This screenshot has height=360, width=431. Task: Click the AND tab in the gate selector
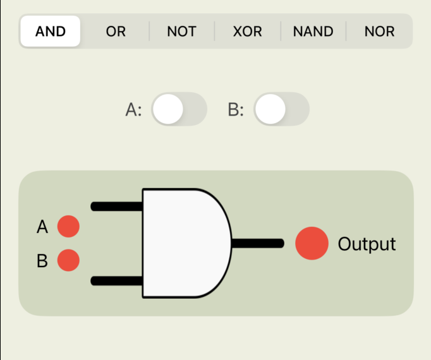[x=51, y=32]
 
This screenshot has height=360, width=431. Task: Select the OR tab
[x=116, y=32]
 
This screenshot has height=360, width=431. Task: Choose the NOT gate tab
[x=181, y=32]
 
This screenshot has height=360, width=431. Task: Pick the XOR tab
[x=247, y=32]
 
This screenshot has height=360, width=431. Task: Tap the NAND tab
[x=313, y=32]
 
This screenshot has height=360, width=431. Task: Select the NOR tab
[x=379, y=32]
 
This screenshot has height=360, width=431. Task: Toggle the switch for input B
[x=281, y=109]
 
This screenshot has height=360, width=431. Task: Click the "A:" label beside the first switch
[x=134, y=110]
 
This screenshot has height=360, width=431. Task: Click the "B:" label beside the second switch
[x=236, y=110]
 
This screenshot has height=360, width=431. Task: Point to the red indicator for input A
[x=68, y=226]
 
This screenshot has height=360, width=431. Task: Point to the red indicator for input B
[x=68, y=260]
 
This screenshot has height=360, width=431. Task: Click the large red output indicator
[x=312, y=243]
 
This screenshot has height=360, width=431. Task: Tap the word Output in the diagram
[x=367, y=244]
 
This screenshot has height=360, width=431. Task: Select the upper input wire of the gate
[x=118, y=206]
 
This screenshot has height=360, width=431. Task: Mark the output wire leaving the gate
[x=258, y=243]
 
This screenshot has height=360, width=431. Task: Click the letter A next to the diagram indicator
[x=42, y=227]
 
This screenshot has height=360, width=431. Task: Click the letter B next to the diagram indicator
[x=42, y=260]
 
